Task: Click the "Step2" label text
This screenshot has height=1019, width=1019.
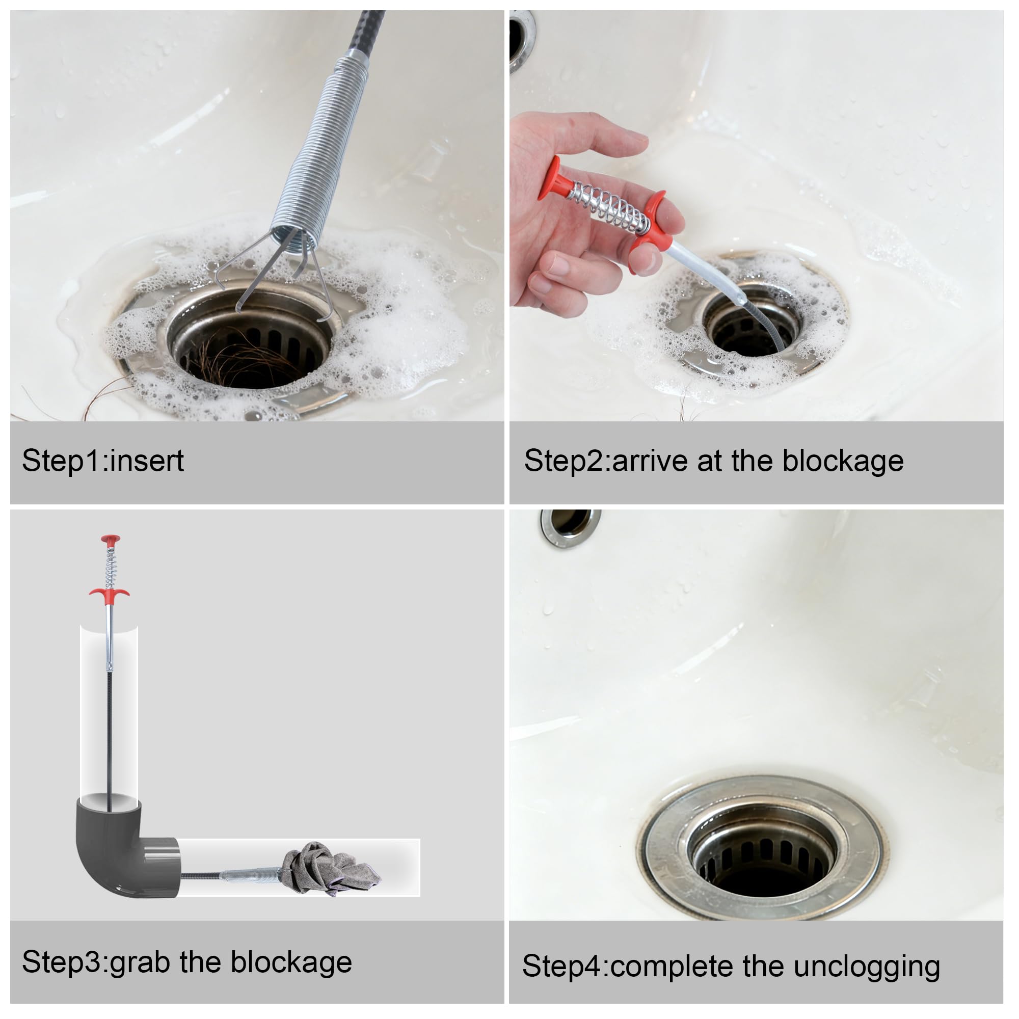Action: (x=564, y=461)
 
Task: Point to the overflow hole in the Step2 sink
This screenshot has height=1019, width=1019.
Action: (x=522, y=40)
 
